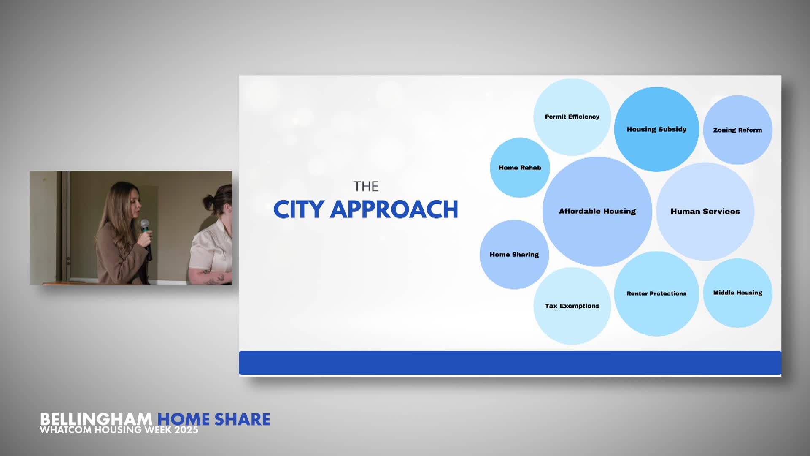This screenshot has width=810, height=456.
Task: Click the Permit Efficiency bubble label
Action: [x=572, y=117]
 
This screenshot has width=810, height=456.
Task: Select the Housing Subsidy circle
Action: [x=656, y=129]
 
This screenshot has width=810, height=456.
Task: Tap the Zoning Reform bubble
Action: [x=737, y=130]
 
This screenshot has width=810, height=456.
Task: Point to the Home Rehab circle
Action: [x=520, y=168]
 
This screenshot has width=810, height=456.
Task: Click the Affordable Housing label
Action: [x=597, y=211]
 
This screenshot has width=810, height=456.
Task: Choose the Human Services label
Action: [x=705, y=212]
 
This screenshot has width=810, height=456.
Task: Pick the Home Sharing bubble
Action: [x=514, y=255]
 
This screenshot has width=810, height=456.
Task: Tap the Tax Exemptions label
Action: [x=572, y=306]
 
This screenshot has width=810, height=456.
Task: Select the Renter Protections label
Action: [x=656, y=293]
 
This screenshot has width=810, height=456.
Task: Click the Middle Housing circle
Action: [x=737, y=293]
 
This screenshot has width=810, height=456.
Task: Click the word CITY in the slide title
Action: [x=299, y=209]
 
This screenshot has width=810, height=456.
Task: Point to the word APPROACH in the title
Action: [x=394, y=209]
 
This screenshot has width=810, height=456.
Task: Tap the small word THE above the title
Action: [x=366, y=186]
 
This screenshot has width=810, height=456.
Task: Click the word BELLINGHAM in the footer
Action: [x=96, y=419]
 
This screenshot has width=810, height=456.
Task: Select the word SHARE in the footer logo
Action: [x=242, y=419]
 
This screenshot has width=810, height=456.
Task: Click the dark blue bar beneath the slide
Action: [x=510, y=363]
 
